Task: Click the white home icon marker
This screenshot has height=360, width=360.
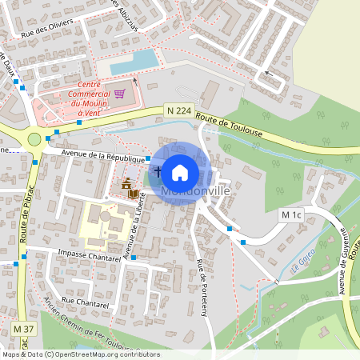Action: [x=180, y=171]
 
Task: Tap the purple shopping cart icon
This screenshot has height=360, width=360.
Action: [x=119, y=93]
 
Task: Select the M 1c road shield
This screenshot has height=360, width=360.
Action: [x=292, y=215]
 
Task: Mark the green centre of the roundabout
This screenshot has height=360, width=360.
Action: [x=34, y=139]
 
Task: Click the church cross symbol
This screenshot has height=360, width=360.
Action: [x=158, y=171]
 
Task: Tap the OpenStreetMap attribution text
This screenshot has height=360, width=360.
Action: [x=80, y=354]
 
